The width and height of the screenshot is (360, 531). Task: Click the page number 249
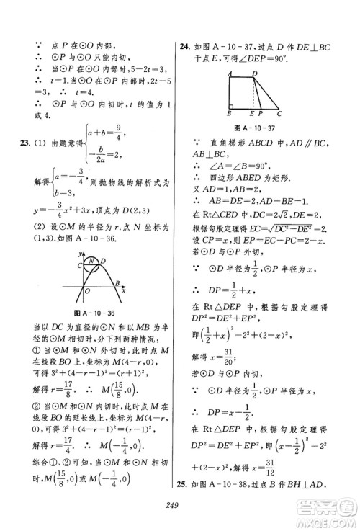[179, 516]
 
